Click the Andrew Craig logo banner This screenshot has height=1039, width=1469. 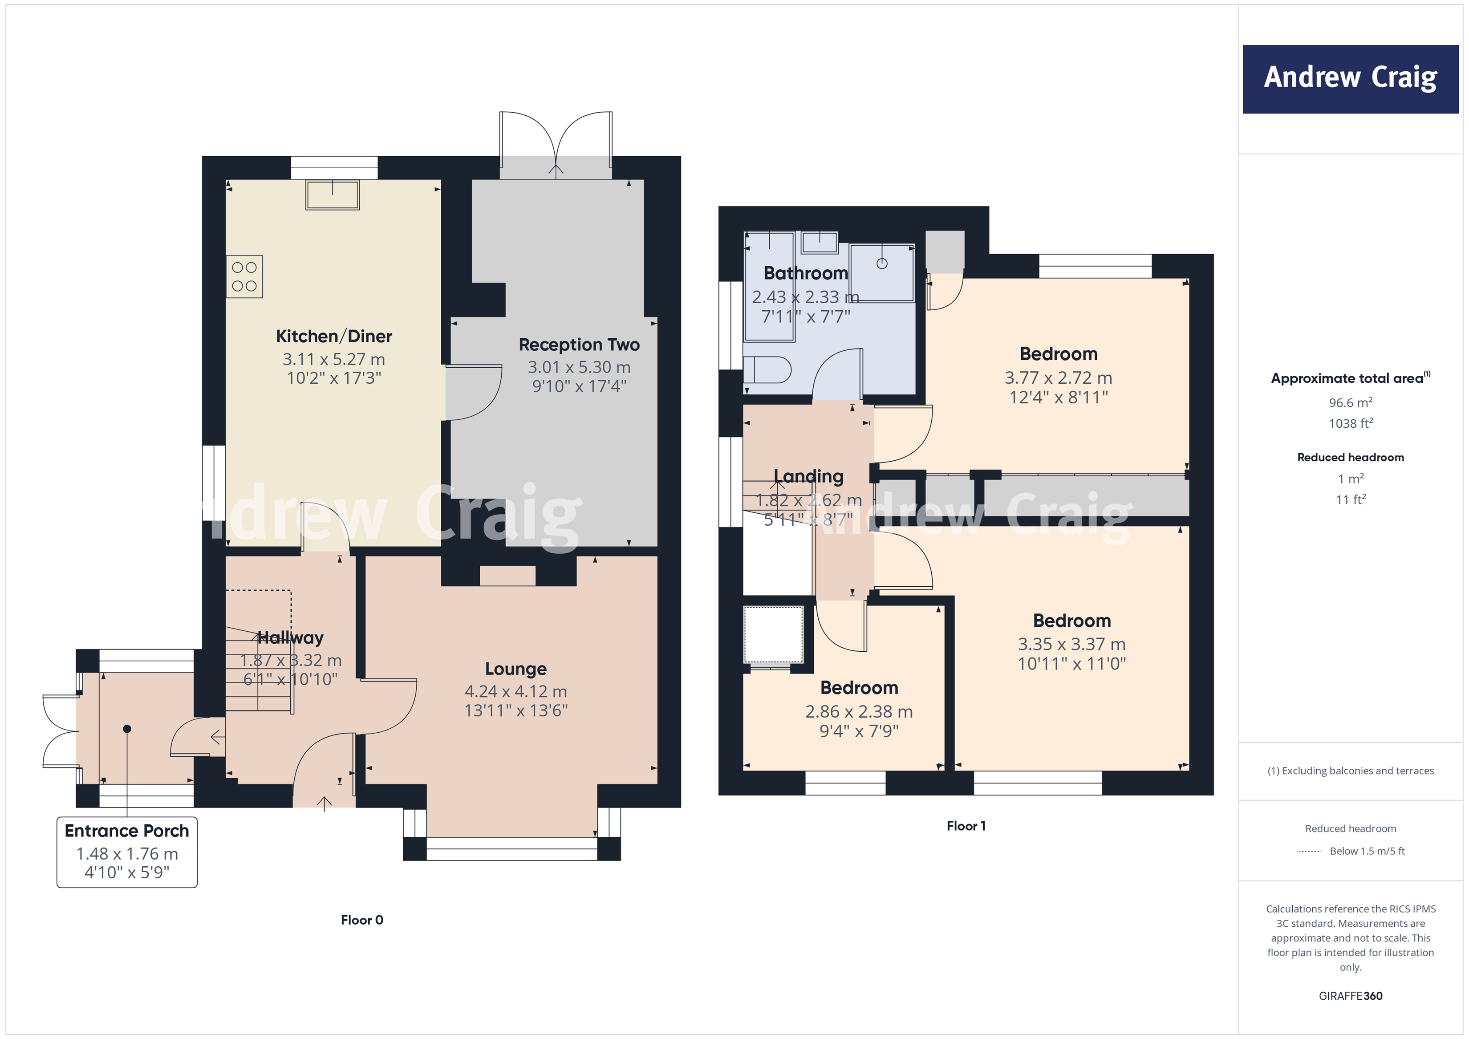tap(1350, 79)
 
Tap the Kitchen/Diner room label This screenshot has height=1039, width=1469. tap(333, 337)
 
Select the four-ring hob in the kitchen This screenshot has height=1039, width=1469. tap(244, 277)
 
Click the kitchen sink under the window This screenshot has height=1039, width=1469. tap(332, 195)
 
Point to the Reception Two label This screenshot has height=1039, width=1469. tap(579, 345)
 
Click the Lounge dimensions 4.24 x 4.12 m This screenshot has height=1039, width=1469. tap(515, 692)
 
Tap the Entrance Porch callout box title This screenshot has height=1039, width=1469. tap(127, 831)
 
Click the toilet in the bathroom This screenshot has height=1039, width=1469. tap(768, 370)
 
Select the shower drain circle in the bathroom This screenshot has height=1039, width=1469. tap(882, 264)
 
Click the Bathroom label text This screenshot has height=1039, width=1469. tap(806, 273)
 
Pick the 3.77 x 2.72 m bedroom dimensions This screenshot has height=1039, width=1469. tap(1058, 378)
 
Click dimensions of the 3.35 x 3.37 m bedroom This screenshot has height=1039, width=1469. tap(1071, 644)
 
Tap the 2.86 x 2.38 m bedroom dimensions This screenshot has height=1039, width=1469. tap(859, 711)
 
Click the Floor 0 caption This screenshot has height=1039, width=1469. tap(361, 920)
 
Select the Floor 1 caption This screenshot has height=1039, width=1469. tap(966, 826)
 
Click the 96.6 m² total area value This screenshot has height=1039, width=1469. tap(1350, 403)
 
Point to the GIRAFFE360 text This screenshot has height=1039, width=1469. tap(1350, 996)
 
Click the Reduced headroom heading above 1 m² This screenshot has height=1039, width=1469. tap(1350, 458)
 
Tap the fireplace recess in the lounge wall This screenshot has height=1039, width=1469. tap(507, 575)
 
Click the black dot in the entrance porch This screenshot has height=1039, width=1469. tap(127, 729)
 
